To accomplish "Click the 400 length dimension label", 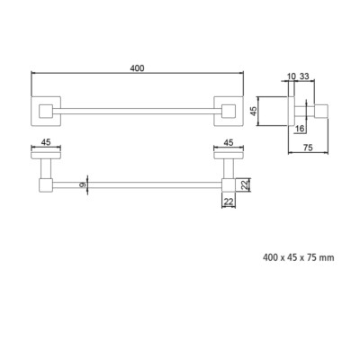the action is [137, 68].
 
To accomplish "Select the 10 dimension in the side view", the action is [292, 76].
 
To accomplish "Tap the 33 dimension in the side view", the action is [304, 76].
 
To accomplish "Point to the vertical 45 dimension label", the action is [254, 112].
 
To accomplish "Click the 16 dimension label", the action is [300, 129].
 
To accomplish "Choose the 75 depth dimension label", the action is [308, 148].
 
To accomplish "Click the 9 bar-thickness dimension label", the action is [83, 185].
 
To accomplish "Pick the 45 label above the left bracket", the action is [46, 142].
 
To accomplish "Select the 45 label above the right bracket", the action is [229, 142].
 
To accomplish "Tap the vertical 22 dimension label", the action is [246, 185].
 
